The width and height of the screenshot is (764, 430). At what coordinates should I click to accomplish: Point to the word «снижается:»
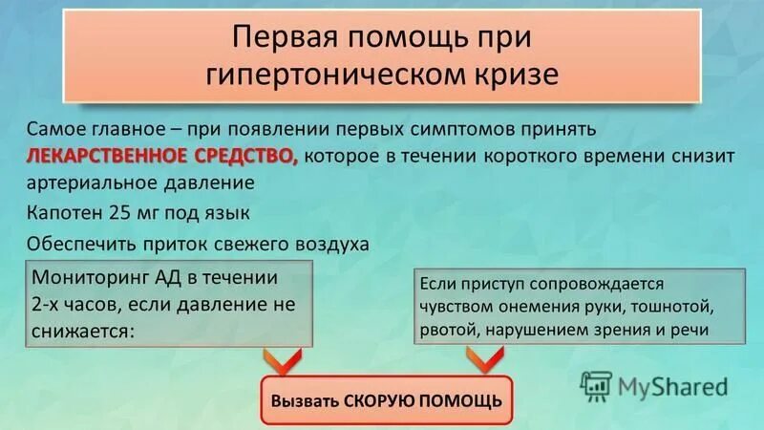[x=84, y=330]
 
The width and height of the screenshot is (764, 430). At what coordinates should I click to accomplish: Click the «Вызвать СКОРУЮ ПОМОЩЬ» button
[x=386, y=398]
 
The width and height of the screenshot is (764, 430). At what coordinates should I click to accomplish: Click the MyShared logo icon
[x=595, y=386]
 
